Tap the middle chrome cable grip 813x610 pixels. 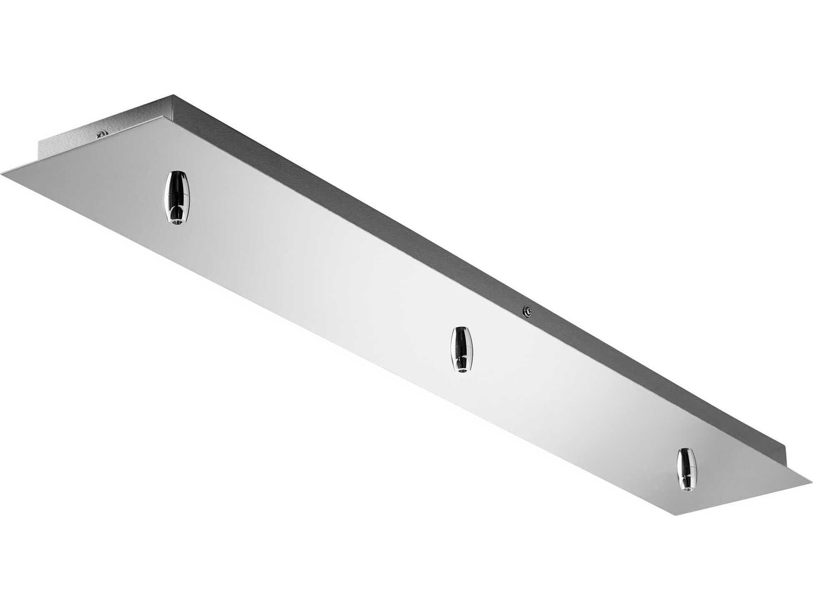[462, 349]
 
